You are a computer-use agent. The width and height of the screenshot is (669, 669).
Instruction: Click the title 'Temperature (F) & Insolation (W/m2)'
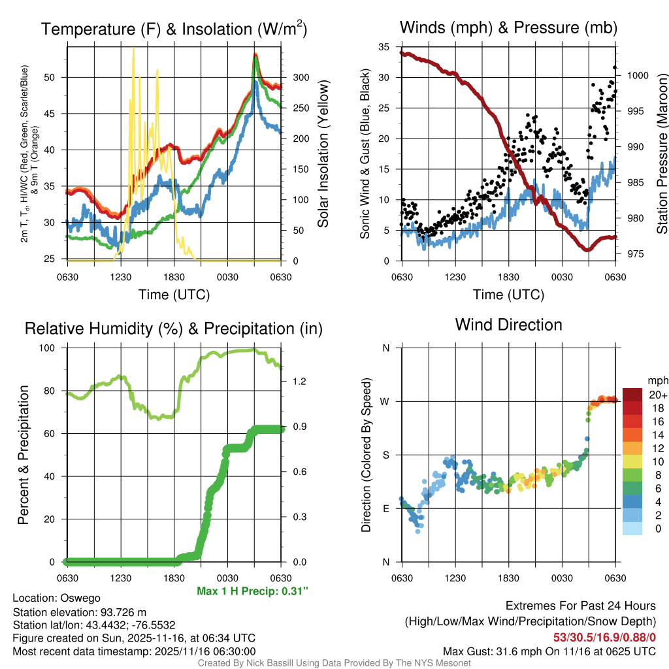tap(174, 29)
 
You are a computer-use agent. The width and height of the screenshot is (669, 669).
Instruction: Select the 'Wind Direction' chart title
tap(508, 325)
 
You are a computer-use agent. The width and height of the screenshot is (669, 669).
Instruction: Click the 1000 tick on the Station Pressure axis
tap(637, 75)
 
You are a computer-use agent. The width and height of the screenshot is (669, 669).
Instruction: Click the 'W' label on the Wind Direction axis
tap(386, 401)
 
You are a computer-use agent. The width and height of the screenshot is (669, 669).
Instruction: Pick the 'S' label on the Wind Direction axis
tap(386, 455)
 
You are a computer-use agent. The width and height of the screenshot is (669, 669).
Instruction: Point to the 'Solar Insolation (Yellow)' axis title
tap(323, 154)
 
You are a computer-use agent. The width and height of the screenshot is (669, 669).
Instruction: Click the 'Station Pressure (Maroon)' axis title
tap(662, 154)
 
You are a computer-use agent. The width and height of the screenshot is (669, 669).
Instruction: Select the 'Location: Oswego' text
tap(56, 598)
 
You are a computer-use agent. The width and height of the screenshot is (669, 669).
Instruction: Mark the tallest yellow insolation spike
tap(133, 49)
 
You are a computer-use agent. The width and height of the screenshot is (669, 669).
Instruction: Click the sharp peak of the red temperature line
tap(255, 55)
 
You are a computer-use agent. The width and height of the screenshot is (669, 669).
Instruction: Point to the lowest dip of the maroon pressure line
tap(587, 250)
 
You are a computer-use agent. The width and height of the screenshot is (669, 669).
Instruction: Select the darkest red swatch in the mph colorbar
tap(632, 395)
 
